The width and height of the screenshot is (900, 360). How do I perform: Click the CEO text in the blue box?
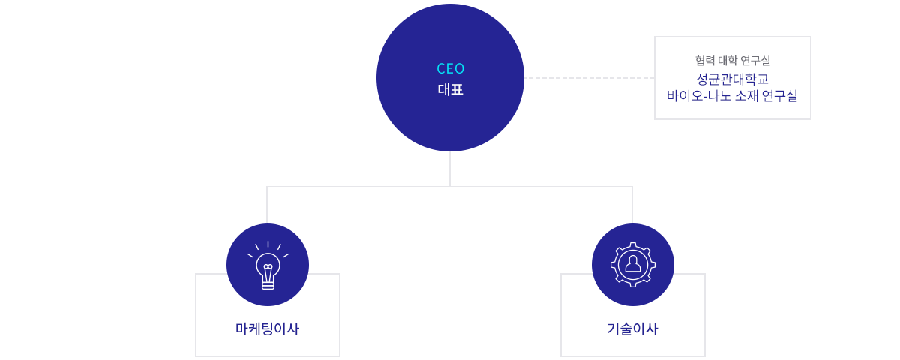click(450, 68)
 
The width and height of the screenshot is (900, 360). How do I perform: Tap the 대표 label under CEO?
click(450, 89)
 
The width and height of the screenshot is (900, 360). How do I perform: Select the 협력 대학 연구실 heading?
click(732, 60)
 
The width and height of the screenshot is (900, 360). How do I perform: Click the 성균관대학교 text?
click(732, 78)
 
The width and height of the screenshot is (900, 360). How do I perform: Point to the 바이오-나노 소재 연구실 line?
click(732, 96)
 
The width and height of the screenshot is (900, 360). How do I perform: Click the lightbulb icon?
click(268, 266)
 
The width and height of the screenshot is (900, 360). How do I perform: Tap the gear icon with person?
click(633, 264)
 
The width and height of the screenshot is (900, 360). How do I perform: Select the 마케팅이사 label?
click(267, 328)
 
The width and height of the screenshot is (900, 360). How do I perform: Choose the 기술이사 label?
click(632, 328)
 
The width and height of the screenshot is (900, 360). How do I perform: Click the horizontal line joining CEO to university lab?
click(589, 77)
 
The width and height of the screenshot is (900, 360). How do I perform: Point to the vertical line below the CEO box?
click(450, 168)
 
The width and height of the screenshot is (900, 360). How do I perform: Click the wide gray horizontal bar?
click(449, 203)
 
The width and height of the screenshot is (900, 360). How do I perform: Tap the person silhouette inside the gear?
click(633, 264)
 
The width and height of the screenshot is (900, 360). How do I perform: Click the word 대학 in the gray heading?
click(728, 60)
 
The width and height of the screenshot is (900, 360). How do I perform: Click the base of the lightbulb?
click(268, 284)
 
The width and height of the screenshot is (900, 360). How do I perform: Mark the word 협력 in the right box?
click(704, 60)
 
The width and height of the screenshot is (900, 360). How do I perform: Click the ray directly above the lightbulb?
click(268, 244)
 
